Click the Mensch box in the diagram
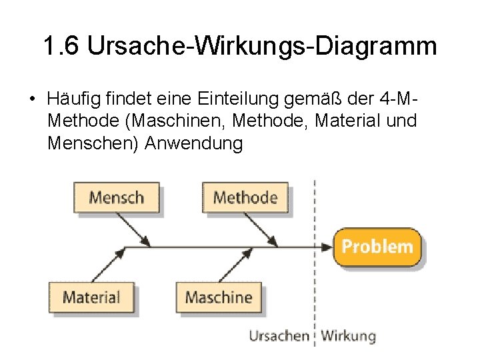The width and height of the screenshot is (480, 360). click(x=117, y=197)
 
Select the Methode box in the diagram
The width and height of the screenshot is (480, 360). click(x=245, y=197)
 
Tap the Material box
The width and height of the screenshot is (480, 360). click(x=91, y=297)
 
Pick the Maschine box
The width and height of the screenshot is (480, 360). click(x=219, y=297)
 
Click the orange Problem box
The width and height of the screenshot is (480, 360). click(x=377, y=247)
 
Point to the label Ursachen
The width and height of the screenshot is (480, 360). click(x=279, y=336)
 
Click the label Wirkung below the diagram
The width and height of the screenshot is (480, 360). click(x=348, y=336)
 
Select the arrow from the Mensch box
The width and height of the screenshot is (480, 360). click(x=138, y=231)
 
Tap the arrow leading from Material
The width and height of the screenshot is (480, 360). click(x=109, y=265)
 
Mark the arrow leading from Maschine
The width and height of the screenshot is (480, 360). click(x=237, y=265)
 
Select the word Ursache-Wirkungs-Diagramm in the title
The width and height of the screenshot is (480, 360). click(x=262, y=47)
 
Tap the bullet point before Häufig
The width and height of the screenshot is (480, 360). click(x=31, y=100)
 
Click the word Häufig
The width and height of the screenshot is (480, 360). click(x=73, y=99)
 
